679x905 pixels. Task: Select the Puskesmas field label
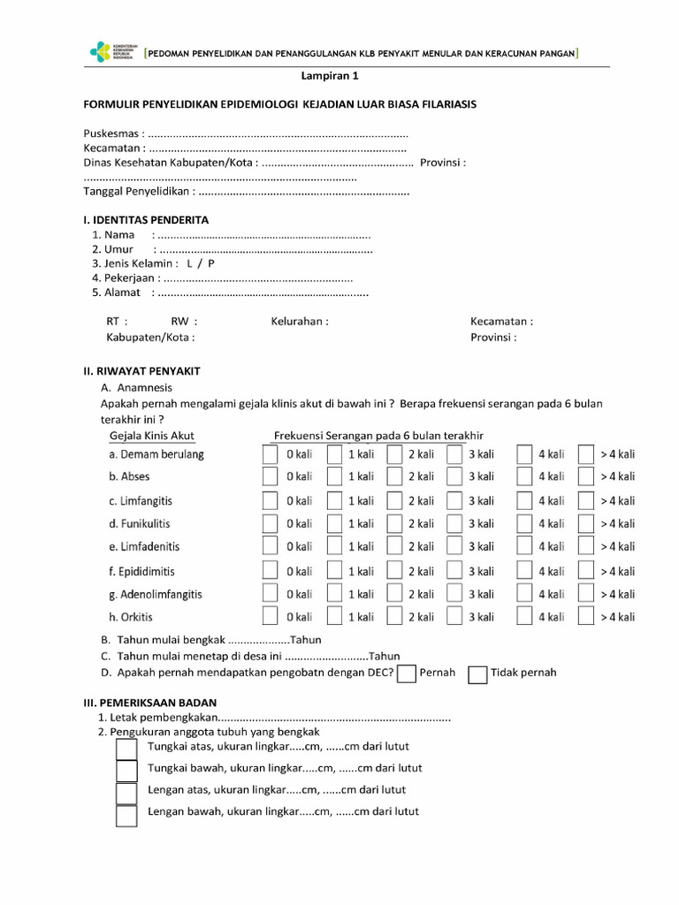coord(113,133)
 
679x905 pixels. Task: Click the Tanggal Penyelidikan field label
coord(139,191)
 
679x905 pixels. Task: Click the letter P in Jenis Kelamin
coord(211,263)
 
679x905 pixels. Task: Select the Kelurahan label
coord(300,322)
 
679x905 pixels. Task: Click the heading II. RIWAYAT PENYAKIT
coord(141,372)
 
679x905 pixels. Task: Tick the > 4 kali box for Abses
coord(585,476)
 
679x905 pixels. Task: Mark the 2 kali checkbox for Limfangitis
coord(394,500)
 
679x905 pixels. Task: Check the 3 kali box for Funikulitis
coord(454,523)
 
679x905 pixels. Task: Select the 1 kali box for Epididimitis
coord(334,571)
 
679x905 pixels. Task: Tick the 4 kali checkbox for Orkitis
coord(524,616)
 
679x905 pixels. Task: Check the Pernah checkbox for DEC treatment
coord(407,674)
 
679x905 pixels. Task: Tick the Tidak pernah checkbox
coord(477,674)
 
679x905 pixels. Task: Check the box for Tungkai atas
coord(126,749)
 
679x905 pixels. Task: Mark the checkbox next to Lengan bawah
coord(126,816)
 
